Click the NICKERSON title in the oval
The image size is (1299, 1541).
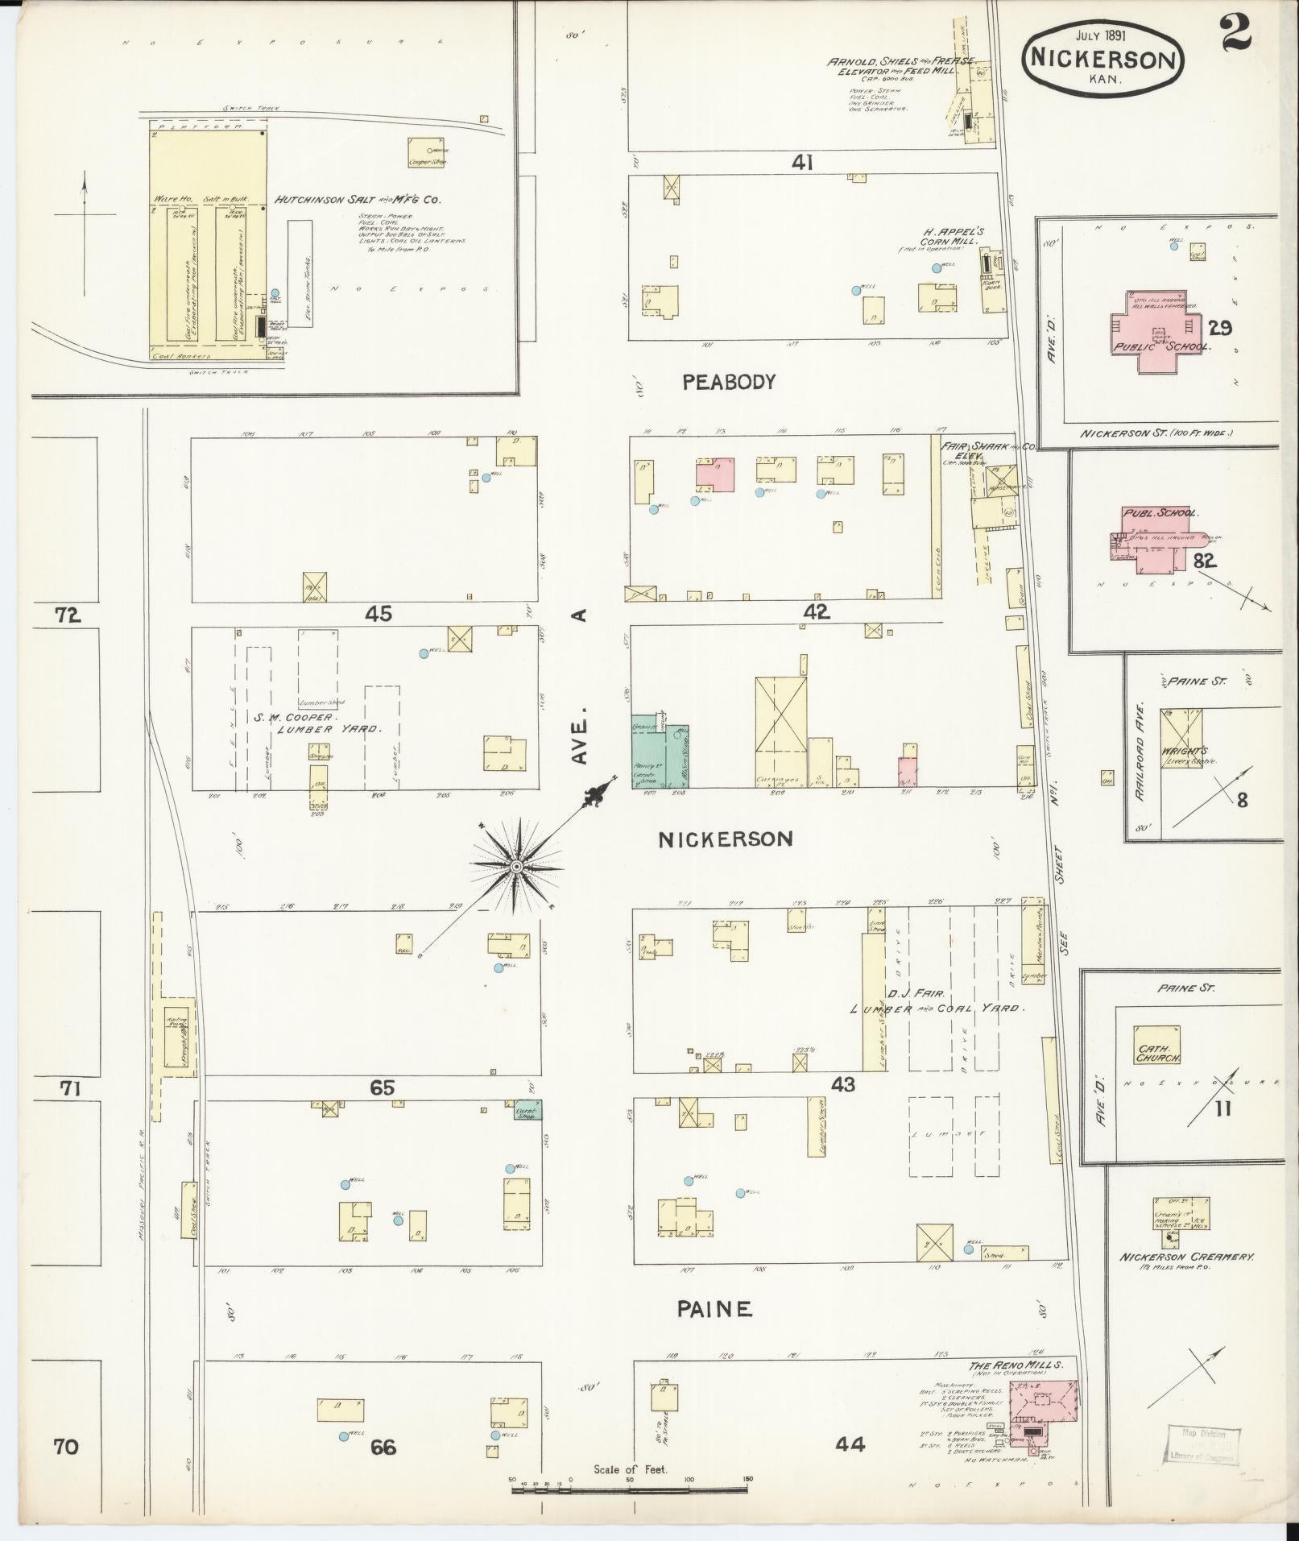pos(1102,59)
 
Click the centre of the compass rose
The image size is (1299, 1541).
pos(516,866)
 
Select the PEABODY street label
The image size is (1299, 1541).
pos(728,382)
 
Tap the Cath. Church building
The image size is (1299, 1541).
pos(1156,1046)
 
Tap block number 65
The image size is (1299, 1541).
pos(382,1088)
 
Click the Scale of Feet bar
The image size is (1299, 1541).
pos(631,1491)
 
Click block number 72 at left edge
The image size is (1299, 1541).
pos(68,615)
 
